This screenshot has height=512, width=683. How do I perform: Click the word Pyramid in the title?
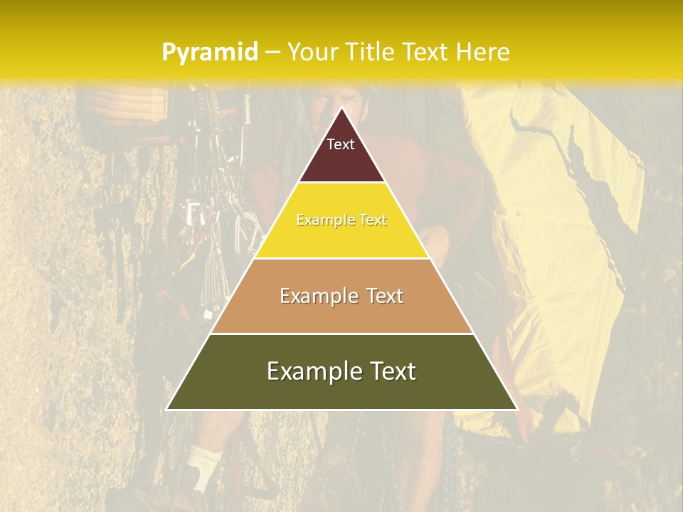[x=209, y=53]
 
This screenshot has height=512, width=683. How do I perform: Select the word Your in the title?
[x=313, y=52]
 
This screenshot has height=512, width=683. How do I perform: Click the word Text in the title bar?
[x=428, y=52]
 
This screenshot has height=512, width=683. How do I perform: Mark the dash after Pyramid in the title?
[x=272, y=53]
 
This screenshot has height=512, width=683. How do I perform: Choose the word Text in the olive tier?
[x=392, y=371]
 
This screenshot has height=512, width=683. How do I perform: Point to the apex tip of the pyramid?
[x=341, y=109]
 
